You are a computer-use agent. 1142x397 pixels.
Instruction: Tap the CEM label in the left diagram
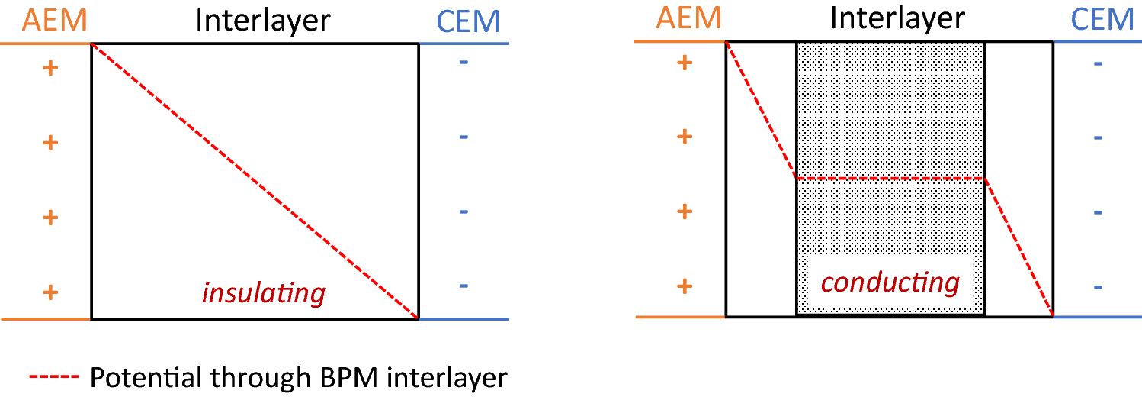467,22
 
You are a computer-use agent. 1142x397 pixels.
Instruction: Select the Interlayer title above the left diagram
263,21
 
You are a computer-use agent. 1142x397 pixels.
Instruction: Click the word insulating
263,292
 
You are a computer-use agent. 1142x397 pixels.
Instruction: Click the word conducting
890,283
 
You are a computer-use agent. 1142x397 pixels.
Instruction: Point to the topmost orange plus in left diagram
50,69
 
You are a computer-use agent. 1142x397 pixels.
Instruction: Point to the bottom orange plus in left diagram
50,292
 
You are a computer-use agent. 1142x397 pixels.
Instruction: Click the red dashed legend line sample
54,377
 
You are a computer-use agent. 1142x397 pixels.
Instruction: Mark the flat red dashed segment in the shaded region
890,179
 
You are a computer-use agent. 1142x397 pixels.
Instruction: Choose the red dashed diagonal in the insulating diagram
255,181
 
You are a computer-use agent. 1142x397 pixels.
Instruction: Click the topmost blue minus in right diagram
1098,63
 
